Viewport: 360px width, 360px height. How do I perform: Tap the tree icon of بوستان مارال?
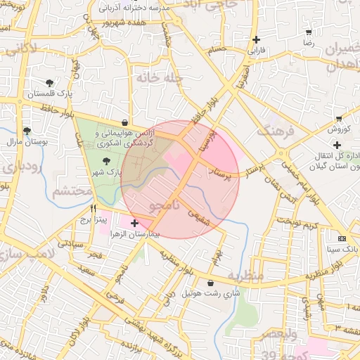(x=27, y=131)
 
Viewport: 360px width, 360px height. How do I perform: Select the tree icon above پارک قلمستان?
(x=49, y=82)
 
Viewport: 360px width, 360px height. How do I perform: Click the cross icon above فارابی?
(x=256, y=40)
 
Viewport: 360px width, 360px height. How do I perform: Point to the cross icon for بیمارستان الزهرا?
(x=134, y=223)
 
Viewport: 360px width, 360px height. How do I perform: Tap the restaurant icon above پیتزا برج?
(x=93, y=209)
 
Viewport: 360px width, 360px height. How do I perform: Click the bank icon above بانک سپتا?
(x=342, y=238)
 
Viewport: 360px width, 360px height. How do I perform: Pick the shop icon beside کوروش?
(x=340, y=118)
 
